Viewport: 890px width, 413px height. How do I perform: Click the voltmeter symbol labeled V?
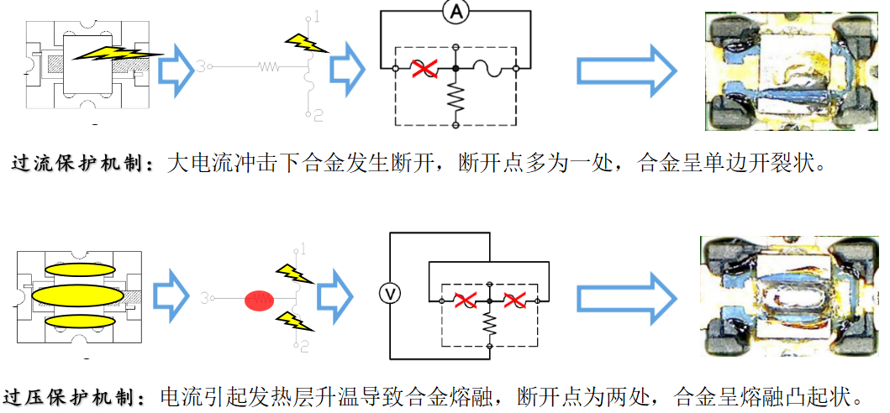pyautogui.click(x=388, y=294)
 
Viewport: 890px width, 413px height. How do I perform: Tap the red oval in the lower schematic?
pyautogui.click(x=260, y=301)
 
